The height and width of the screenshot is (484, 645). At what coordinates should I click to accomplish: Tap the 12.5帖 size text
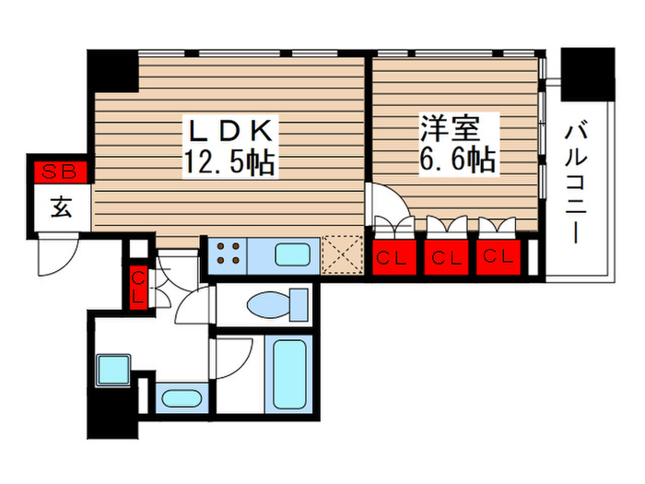pos(230,163)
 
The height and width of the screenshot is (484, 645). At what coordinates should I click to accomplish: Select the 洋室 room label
pos(457,127)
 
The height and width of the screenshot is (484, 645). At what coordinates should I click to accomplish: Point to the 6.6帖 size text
pos(458,160)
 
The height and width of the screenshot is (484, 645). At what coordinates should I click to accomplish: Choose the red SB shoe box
pos(60,171)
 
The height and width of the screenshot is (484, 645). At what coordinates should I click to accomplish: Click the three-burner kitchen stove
pos(226,254)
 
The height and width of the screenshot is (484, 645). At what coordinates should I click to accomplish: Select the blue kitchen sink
pos(293,254)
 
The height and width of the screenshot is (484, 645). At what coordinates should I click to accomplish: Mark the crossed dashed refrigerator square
pos(345,254)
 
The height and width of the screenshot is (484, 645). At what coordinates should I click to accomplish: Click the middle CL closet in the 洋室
pos(449,257)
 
